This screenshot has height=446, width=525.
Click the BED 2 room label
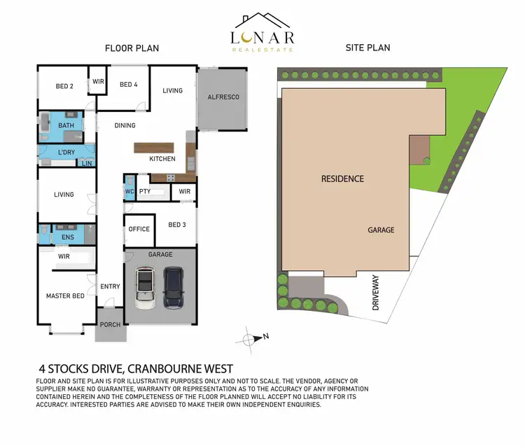tap(65, 86)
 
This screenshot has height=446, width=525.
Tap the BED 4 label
tap(129, 85)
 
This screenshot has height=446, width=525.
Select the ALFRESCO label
tap(223, 97)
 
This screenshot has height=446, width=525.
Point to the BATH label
tap(66, 126)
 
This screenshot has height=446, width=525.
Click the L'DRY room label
tap(66, 152)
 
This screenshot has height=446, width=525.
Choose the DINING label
tap(125, 125)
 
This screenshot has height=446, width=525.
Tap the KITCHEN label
tap(162, 159)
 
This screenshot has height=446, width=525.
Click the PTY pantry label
tap(146, 191)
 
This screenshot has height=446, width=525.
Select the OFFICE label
tap(139, 229)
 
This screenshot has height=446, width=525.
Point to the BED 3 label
tap(177, 225)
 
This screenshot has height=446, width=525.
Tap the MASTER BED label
tap(65, 295)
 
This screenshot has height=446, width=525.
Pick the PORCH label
tap(111, 325)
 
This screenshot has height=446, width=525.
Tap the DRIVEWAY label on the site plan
tap(376, 293)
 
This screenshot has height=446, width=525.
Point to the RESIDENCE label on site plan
tap(342, 179)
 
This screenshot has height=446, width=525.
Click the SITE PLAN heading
tap(367, 48)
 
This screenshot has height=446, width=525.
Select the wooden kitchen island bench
tap(154, 148)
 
